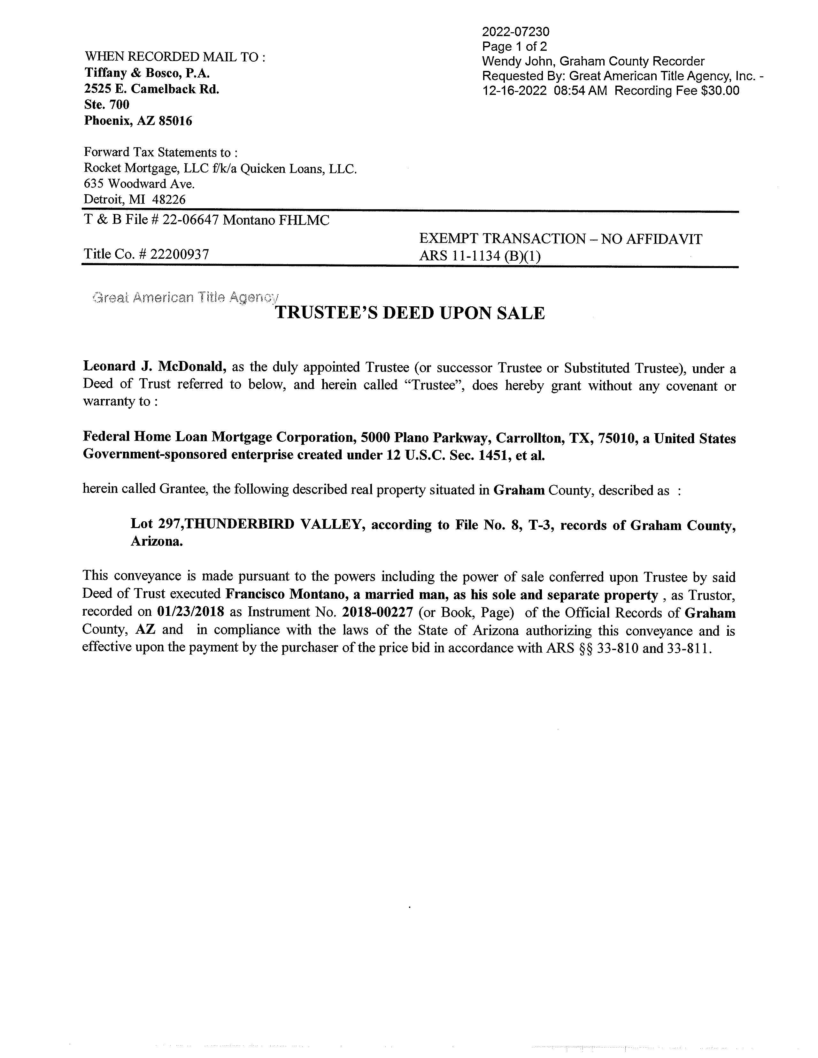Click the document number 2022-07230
point(516,32)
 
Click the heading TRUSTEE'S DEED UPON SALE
point(410,313)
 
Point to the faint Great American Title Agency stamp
point(185,297)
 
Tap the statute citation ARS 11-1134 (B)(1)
point(479,255)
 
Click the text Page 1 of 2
point(514,47)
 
